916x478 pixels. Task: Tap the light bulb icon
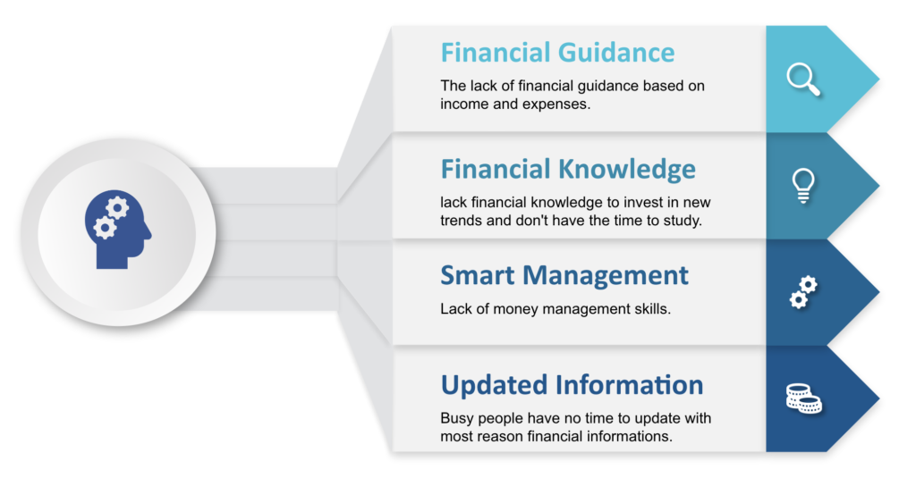(803, 186)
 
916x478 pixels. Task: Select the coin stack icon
(804, 398)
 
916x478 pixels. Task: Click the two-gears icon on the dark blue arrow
(804, 292)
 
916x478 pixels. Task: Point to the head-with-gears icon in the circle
(118, 230)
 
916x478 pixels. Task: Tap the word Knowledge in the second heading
(627, 170)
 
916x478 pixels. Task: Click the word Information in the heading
(630, 385)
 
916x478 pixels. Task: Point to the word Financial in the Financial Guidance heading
(495, 53)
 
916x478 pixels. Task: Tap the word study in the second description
(685, 222)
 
